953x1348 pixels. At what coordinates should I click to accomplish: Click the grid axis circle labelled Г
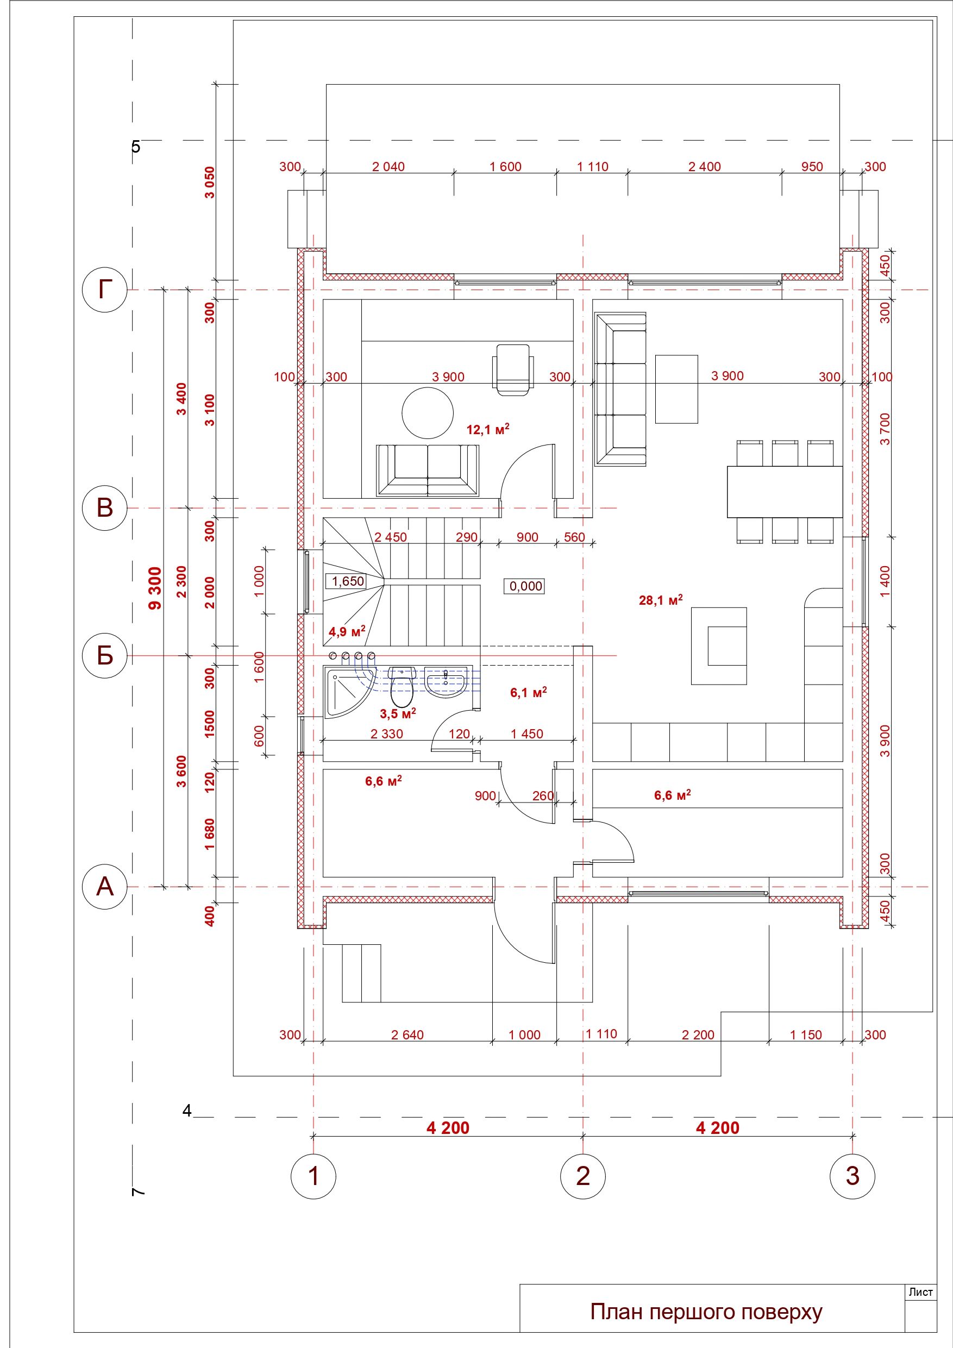[x=104, y=290]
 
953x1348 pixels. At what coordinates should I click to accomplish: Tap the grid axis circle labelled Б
[x=104, y=655]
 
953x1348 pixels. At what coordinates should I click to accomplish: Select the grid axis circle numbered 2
[x=582, y=1176]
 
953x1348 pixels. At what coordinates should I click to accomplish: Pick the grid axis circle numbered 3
[x=852, y=1176]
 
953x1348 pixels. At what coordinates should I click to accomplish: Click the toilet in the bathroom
[x=402, y=686]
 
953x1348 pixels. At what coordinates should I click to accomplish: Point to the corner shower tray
[x=348, y=692]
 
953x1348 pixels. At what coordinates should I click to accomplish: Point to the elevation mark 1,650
[x=348, y=581]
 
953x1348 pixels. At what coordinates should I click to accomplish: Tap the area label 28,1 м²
[x=661, y=599]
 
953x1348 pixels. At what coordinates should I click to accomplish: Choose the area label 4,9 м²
[x=347, y=631]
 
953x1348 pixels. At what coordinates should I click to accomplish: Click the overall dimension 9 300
[x=154, y=588]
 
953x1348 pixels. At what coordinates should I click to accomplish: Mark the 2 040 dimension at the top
[x=388, y=166]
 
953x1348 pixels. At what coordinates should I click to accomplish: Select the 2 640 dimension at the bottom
[x=407, y=1034]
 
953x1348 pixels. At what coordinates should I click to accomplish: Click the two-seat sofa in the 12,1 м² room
[x=428, y=471]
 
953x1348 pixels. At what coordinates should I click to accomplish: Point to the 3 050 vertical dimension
[x=210, y=183]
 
